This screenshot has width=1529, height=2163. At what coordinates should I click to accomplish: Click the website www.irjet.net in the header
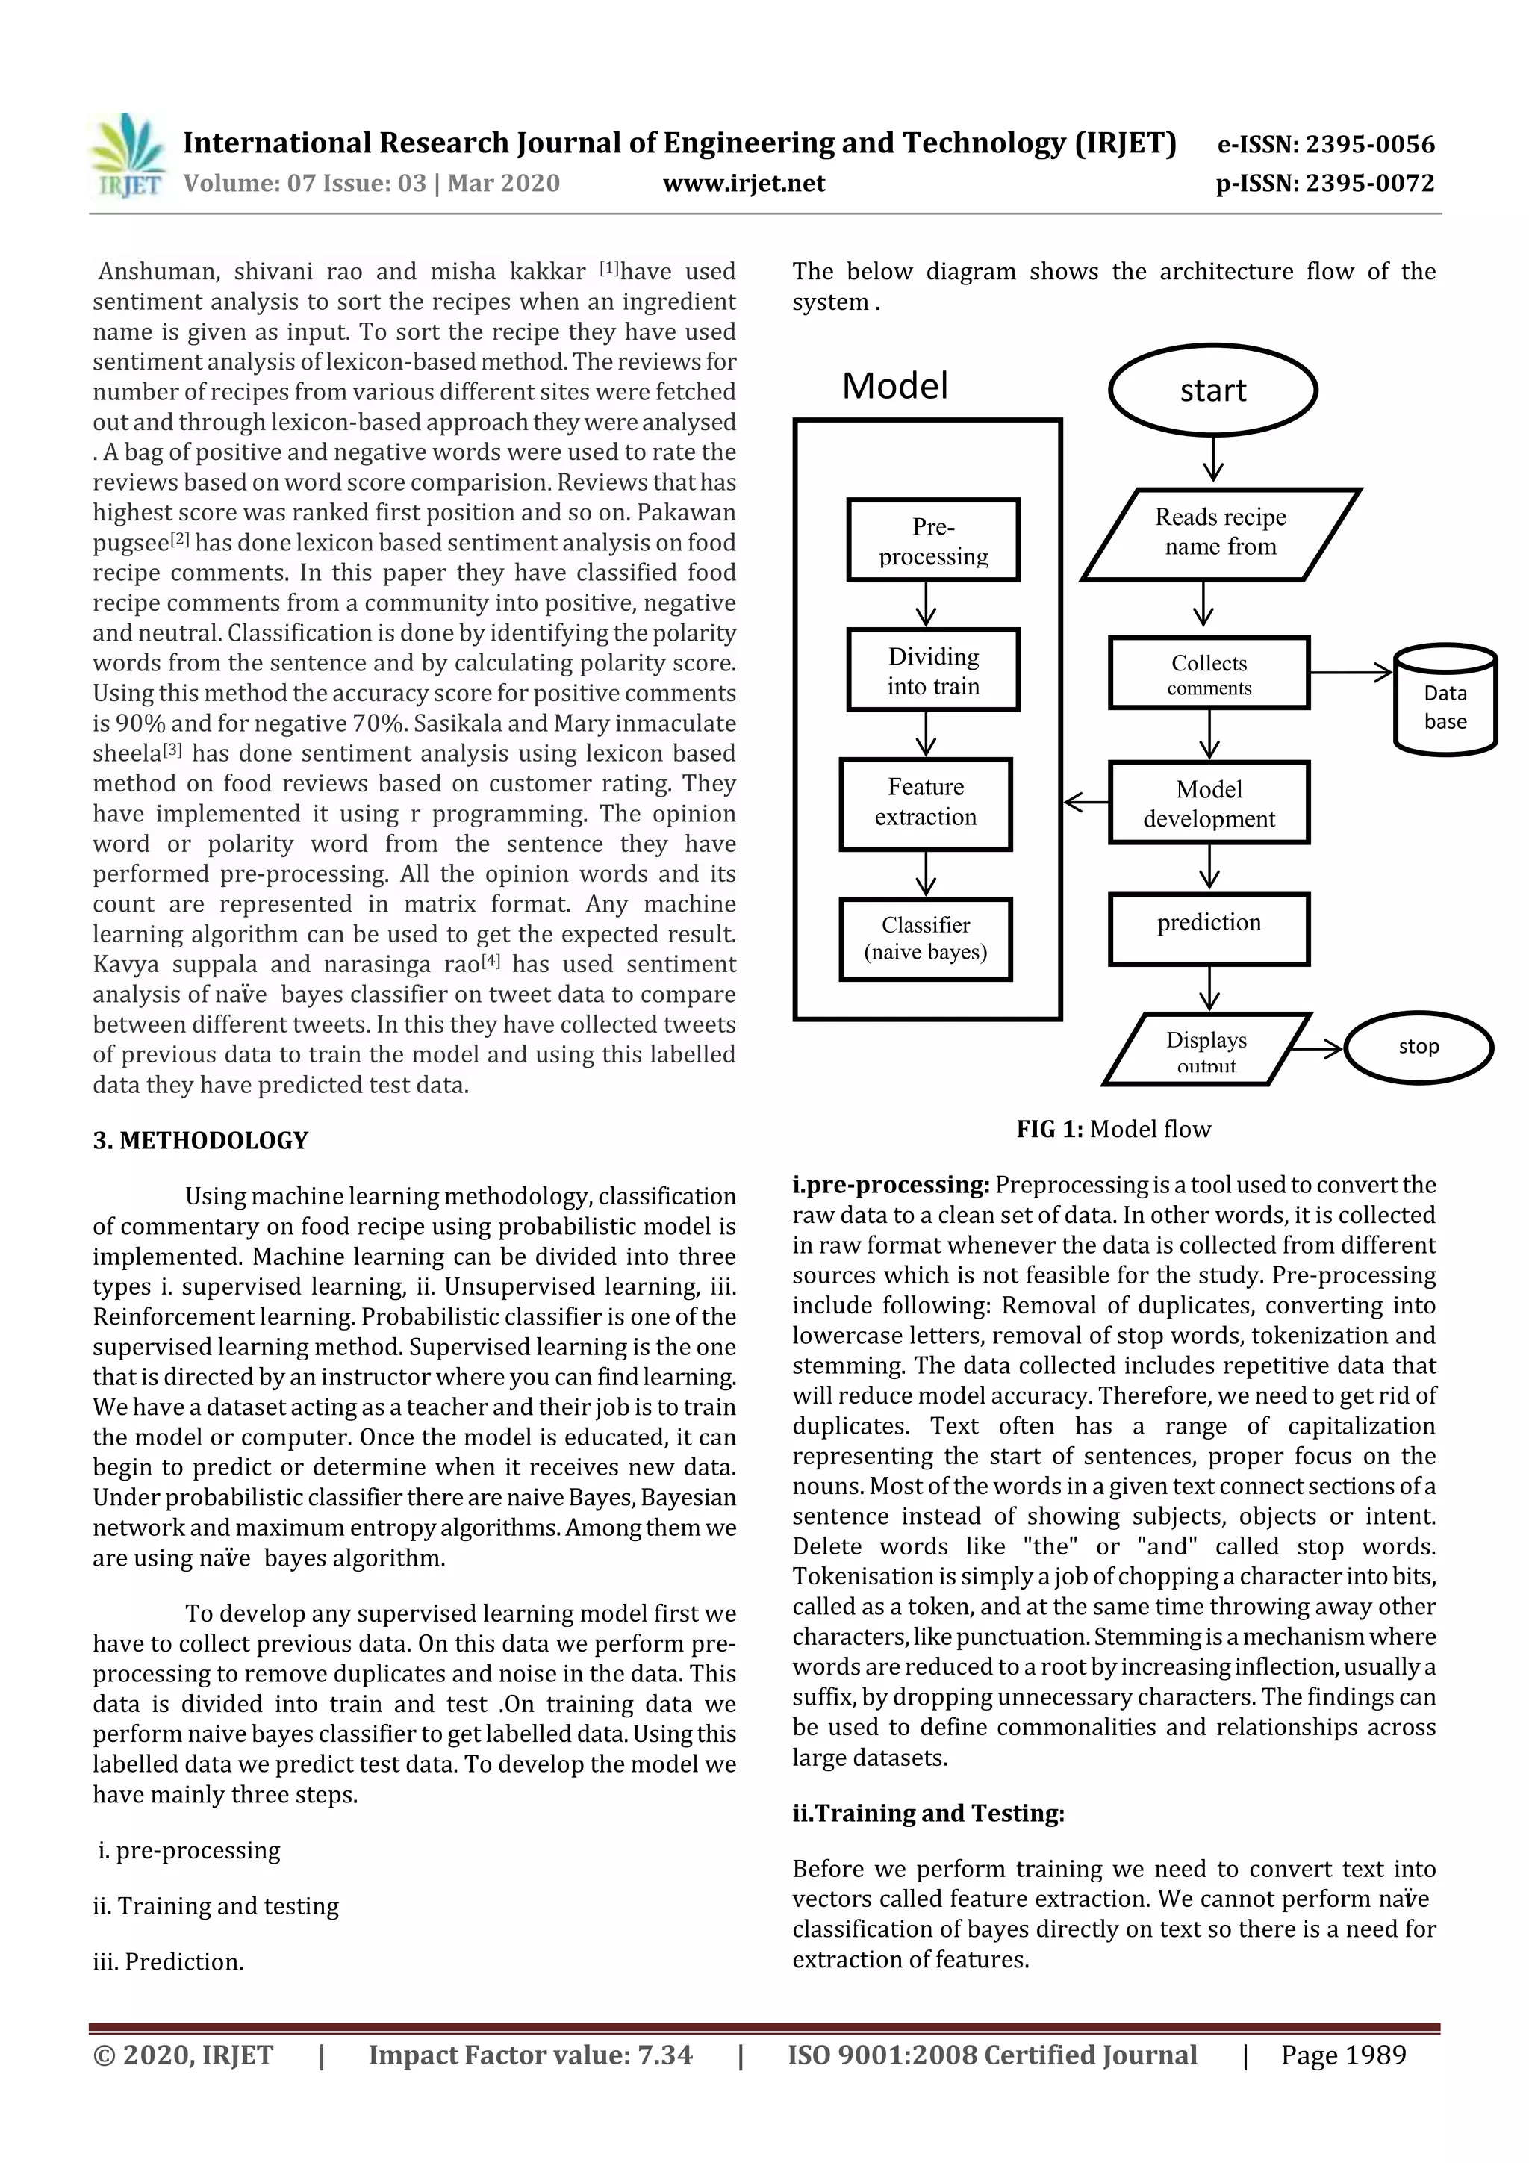click(x=744, y=184)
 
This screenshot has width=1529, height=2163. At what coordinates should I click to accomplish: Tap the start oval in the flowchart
click(x=1212, y=390)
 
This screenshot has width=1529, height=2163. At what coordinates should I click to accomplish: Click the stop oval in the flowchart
click(x=1418, y=1047)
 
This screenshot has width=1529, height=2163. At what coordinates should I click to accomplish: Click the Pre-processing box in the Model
click(x=932, y=540)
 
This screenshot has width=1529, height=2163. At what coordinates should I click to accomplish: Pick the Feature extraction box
click(x=925, y=803)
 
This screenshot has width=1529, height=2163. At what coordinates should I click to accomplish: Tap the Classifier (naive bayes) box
click(x=925, y=939)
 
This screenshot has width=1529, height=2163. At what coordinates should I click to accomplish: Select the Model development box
click(x=1209, y=803)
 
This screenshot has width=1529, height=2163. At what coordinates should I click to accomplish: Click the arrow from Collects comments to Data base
click(x=1350, y=673)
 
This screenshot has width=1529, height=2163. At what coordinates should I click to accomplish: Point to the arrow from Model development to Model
click(x=1086, y=803)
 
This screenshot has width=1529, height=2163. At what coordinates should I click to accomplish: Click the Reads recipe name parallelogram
click(x=1220, y=533)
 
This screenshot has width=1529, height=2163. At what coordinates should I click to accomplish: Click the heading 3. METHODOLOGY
click(x=200, y=1140)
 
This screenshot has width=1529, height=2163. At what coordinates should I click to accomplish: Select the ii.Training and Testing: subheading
click(x=928, y=1814)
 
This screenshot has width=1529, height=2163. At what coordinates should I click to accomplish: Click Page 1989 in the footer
click(x=1342, y=2055)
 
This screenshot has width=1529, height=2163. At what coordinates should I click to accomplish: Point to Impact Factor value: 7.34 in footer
click(x=529, y=2055)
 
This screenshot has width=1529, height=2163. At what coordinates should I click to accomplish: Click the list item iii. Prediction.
click(x=169, y=1961)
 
